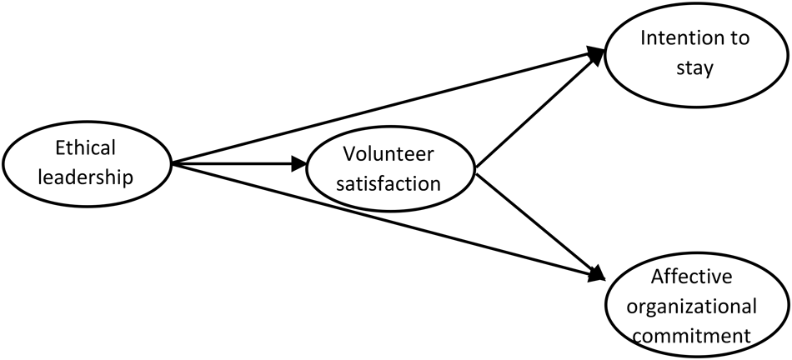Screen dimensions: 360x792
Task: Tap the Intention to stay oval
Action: pos(695,53)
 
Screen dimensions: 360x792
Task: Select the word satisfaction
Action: pos(390,183)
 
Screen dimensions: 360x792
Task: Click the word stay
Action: pos(694,67)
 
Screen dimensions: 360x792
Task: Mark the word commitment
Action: pos(697,336)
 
